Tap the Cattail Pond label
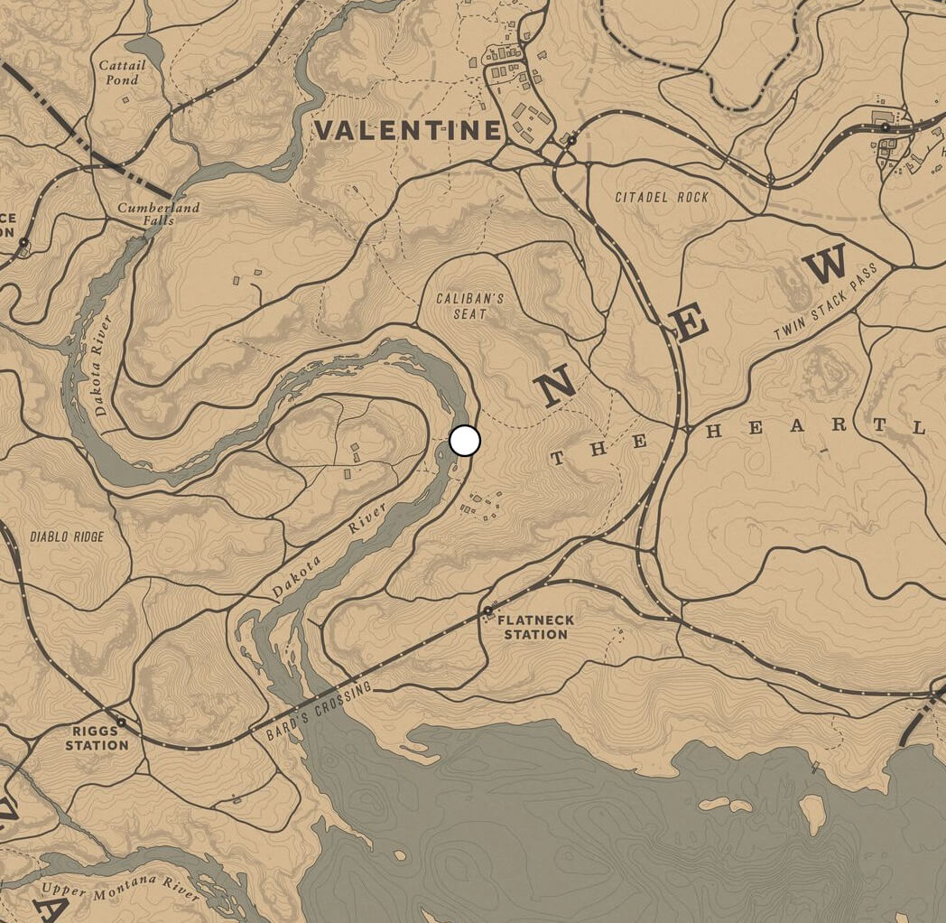(x=120, y=72)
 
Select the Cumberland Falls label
(x=158, y=214)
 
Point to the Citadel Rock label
(x=662, y=197)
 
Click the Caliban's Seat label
(x=469, y=305)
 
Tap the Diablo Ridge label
(x=67, y=536)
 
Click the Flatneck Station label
(x=535, y=627)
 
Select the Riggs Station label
(x=97, y=738)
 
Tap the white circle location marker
(x=465, y=441)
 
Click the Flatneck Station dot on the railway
(x=488, y=611)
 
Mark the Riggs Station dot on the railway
(x=121, y=723)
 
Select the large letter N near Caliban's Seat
(x=555, y=386)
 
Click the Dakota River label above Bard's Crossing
(x=329, y=550)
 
